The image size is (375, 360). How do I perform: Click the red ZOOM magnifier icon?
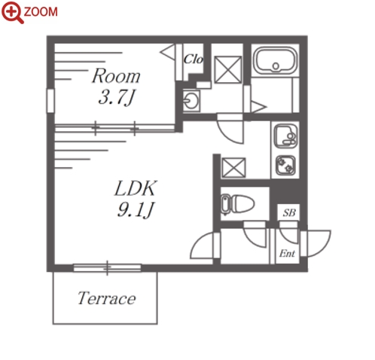[12, 12]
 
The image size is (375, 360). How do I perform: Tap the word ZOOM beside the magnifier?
[41, 12]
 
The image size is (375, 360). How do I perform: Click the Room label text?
[116, 76]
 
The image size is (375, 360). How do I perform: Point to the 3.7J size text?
[117, 97]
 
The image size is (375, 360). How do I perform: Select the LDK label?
[136, 188]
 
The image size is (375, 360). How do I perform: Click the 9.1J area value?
[136, 209]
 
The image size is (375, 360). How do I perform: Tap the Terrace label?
[107, 298]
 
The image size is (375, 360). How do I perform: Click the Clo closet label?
[194, 59]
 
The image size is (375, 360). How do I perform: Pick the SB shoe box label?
[289, 212]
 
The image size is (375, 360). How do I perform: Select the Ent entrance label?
[287, 254]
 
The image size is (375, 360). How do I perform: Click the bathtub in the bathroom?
[276, 60]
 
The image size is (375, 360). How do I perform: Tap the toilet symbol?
[237, 204]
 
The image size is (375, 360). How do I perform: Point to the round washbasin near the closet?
[191, 101]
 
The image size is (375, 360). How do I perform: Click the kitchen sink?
[286, 136]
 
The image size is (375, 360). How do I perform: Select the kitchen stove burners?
[285, 165]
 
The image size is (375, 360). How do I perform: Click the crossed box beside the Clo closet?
[228, 69]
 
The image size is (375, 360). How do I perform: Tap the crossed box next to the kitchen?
[234, 167]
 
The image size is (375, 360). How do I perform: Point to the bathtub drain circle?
[276, 66]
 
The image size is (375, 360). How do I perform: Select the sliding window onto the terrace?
[107, 268]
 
